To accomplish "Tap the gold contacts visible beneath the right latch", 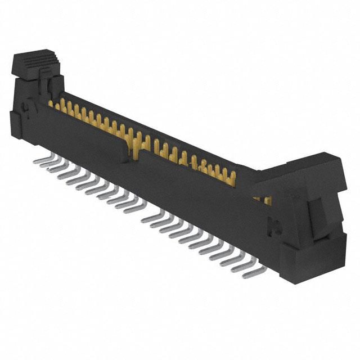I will tap(261, 199).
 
